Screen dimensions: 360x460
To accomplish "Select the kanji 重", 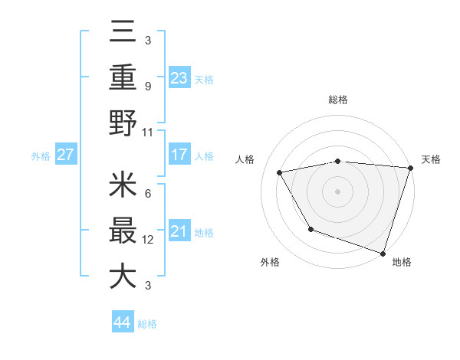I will [123, 77].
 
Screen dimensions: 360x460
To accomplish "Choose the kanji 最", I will [123, 231].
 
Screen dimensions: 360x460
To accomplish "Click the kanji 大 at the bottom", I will [123, 275].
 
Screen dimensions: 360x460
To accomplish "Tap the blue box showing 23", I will [179, 77].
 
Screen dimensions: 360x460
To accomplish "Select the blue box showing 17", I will [179, 155].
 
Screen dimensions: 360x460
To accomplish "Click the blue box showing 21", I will [179, 231].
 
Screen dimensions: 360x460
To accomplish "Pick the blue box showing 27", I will [66, 155].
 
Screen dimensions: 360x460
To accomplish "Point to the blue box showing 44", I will [123, 322].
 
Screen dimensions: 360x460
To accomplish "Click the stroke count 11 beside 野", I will [148, 133].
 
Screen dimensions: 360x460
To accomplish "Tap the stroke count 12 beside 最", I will [148, 240].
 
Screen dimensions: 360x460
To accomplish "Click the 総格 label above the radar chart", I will [338, 100].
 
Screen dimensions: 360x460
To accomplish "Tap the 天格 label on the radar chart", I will [431, 159].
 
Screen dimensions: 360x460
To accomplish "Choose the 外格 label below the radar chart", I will [271, 262].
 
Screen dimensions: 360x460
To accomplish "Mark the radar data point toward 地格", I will [383, 252].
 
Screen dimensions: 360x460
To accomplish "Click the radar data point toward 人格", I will [280, 172].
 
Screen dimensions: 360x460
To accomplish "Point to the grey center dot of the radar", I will [338, 191].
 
